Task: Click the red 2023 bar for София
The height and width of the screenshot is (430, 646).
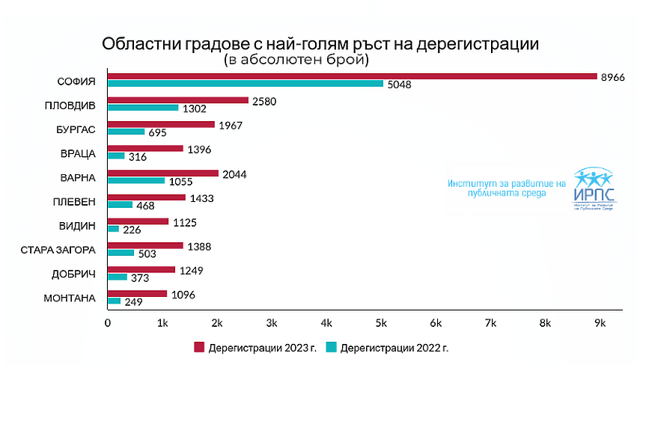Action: (352, 76)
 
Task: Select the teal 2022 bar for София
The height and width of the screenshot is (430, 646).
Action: (246, 85)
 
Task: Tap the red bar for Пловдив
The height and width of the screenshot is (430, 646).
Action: (178, 100)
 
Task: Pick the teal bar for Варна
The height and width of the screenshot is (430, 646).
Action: (136, 180)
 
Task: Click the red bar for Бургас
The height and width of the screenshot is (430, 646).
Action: (161, 124)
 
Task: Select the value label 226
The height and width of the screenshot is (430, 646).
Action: (132, 229)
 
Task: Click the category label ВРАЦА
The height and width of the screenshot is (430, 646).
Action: (78, 153)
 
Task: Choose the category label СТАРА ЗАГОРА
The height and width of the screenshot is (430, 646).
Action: (58, 250)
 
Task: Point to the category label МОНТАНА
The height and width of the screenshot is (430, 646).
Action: (70, 298)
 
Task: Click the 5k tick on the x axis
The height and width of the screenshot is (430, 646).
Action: (381, 322)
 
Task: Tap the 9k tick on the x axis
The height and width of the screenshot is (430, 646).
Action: (600, 322)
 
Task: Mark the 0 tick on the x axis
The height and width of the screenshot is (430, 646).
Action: (108, 322)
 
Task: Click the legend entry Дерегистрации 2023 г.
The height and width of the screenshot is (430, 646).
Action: (251, 348)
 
